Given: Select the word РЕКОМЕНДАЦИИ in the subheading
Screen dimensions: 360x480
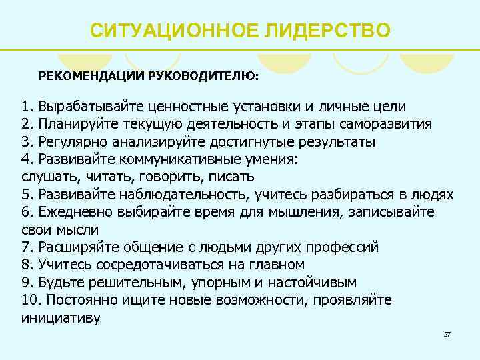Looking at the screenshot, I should [90, 75].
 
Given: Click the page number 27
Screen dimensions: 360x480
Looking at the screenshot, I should [447, 333].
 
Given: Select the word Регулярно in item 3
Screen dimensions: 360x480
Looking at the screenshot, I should [70, 142].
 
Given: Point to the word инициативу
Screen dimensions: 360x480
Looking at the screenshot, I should [61, 317].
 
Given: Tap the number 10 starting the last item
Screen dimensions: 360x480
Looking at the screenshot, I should [29, 300].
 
